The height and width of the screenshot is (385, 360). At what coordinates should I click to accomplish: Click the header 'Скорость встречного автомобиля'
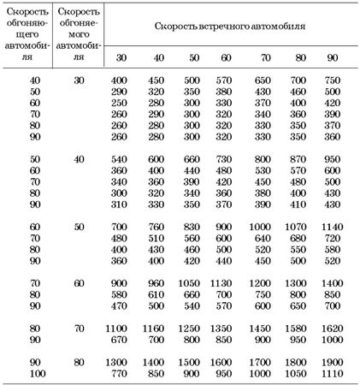tap(231, 26)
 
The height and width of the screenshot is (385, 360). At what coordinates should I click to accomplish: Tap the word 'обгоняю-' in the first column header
tap(25, 27)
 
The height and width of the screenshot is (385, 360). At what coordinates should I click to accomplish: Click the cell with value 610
tap(155, 292)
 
